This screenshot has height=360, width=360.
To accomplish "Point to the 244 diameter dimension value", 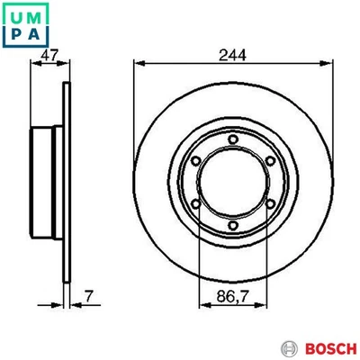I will pyautogui.click(x=233, y=54).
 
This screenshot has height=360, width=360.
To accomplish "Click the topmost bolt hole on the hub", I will pyautogui.click(x=233, y=138).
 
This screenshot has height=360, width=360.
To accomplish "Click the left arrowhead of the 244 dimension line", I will pyautogui.click(x=137, y=65).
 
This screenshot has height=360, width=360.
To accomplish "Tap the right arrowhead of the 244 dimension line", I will pyautogui.click(x=329, y=65).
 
